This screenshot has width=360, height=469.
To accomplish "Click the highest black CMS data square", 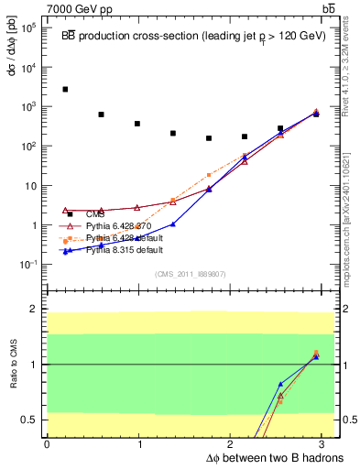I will click(x=65, y=90).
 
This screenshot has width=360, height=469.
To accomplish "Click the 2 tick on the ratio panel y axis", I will click(x=34, y=309).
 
